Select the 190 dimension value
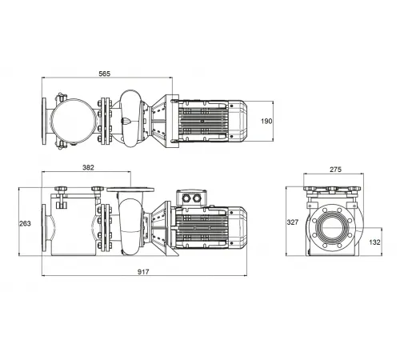268,120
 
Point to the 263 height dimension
26,223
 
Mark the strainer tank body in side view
72,228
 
